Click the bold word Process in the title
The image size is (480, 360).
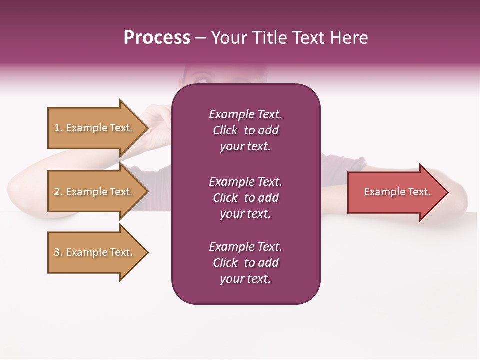(157, 38)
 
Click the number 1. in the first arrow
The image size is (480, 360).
(58, 128)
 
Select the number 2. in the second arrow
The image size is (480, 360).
(58, 192)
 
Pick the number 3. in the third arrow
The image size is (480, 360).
(58, 252)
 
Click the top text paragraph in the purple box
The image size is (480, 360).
(245, 130)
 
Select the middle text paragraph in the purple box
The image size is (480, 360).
(245, 198)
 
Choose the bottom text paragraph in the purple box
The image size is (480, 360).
(245, 263)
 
